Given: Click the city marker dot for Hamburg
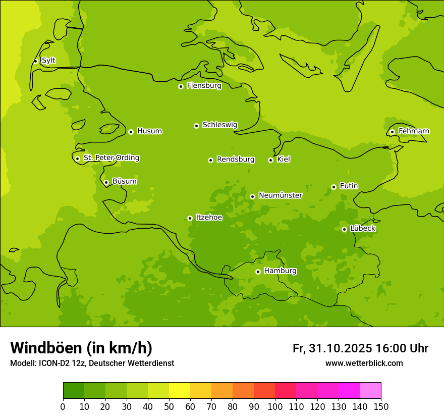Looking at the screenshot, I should tap(258, 272).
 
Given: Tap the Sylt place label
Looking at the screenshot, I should tap(48, 61).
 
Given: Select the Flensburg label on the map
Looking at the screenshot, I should tap(204, 86).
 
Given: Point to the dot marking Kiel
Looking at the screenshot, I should tap(270, 160).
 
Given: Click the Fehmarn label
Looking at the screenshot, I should tap(414, 131).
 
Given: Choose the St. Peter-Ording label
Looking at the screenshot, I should tap(112, 158).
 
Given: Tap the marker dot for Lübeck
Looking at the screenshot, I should tap(344, 229).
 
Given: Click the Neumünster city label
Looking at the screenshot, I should tap(281, 195).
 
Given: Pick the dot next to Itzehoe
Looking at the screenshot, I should tap(190, 218).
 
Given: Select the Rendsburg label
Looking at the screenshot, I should tap(236, 160).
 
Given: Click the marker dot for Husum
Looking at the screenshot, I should tap(131, 132).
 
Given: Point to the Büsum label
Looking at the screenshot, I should tap(124, 181).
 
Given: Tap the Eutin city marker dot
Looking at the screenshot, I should tap(334, 187).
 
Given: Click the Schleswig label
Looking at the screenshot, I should tap(219, 125).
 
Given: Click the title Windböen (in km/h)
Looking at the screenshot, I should tap(81, 348).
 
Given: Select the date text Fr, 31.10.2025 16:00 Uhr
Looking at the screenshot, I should tap(360, 348).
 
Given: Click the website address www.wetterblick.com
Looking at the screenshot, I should tap(364, 363).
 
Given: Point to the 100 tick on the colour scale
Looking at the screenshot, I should tap(275, 406).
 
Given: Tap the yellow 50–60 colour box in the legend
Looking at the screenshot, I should tap(179, 391).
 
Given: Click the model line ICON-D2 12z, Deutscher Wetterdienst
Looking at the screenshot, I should tap(92, 363).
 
